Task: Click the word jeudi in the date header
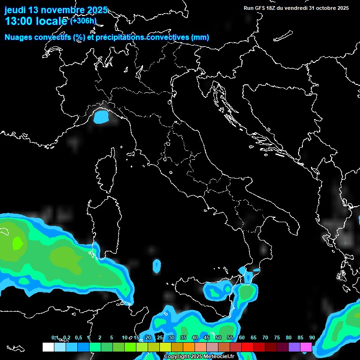pos(15,10)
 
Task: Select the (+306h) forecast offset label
pos(83,21)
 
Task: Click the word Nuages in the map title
pos(19,37)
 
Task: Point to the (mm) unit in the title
pos(200,37)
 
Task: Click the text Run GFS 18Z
pos(260,8)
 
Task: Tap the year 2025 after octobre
pos(340,8)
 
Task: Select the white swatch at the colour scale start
pos(48,347)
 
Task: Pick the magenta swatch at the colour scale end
pos(306,347)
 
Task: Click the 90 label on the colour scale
pos(312,337)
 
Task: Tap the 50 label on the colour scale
pos(218,337)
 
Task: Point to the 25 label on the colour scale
pos(160,337)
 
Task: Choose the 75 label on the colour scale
pos(277,337)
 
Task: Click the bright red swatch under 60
pos(247,347)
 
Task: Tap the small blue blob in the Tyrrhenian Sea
pos(157,266)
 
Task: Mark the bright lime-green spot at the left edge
pos(17,243)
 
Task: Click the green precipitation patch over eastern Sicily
pos(246,293)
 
